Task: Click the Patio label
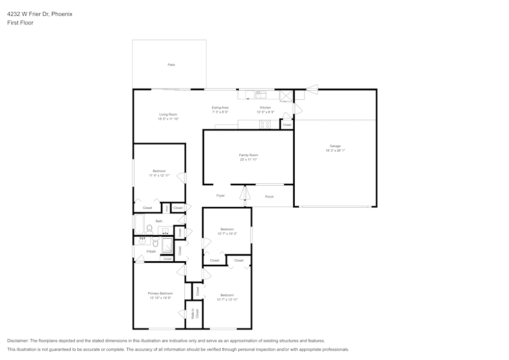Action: point(172,65)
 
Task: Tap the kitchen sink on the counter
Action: point(261,94)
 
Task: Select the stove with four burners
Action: point(265,124)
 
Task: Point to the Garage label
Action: point(335,146)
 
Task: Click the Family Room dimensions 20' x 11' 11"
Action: point(248,160)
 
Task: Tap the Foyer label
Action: point(220,196)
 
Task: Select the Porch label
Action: point(269,197)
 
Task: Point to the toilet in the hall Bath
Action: point(149,229)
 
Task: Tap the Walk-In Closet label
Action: point(194,314)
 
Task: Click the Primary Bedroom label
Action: point(160,293)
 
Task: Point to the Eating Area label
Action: point(220,107)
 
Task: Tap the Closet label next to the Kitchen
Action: point(287,125)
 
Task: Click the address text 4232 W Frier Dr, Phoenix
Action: point(40,14)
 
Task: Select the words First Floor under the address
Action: point(20,23)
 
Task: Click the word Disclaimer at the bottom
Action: point(18,341)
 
